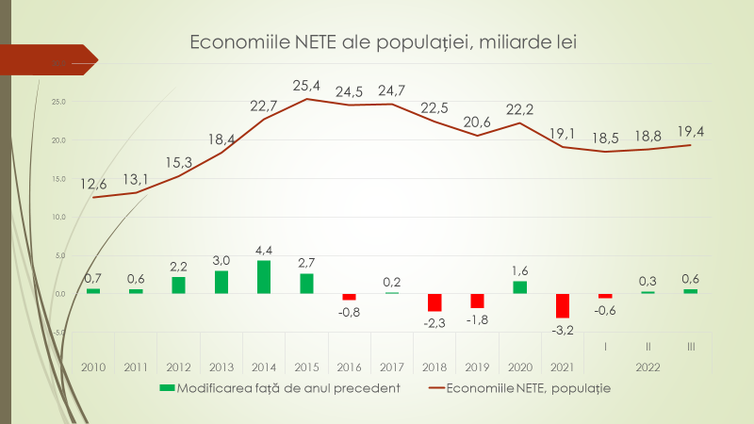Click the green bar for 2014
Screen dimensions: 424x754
(x=264, y=277)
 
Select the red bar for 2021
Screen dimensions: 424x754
(x=563, y=305)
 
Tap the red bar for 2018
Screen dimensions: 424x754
(x=434, y=302)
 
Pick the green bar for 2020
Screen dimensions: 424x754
(x=520, y=287)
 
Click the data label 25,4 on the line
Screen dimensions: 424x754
(x=306, y=86)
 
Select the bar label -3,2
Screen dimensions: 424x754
(x=563, y=329)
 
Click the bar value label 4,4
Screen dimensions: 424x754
(x=264, y=250)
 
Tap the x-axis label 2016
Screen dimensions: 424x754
(x=350, y=367)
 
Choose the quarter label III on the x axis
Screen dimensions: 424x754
(x=691, y=349)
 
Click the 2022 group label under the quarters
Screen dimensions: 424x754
(x=648, y=367)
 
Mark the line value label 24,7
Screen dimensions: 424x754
(x=392, y=90)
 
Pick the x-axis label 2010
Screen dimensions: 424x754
(x=93, y=367)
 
